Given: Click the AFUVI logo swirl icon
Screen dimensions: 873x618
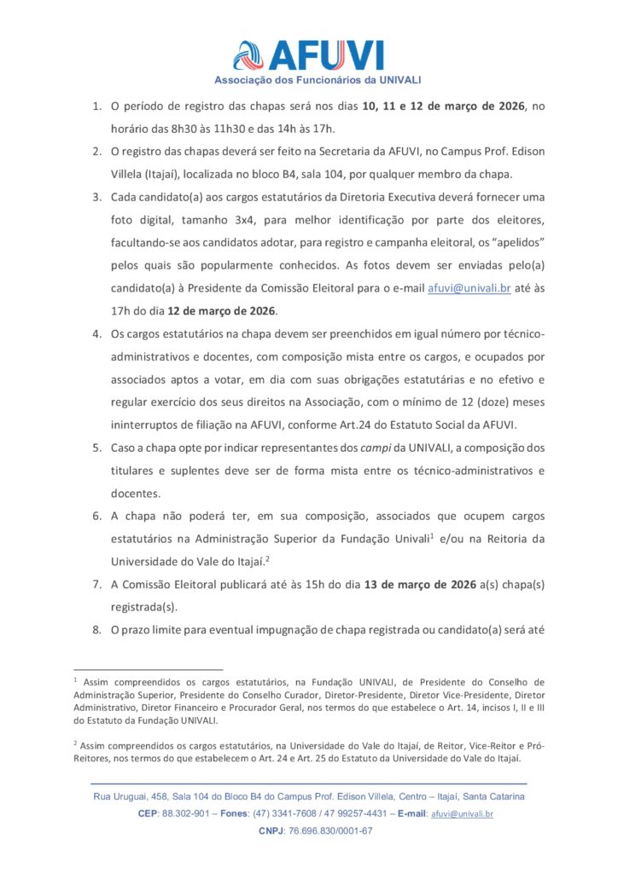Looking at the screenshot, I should click(x=248, y=55).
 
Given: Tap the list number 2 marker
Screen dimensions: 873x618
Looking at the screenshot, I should click(x=96, y=152).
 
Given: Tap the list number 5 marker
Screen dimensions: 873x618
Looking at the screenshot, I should click(x=96, y=448).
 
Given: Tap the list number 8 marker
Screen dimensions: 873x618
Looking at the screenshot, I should click(x=96, y=631).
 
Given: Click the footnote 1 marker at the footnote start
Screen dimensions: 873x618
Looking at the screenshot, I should click(x=75, y=680).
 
